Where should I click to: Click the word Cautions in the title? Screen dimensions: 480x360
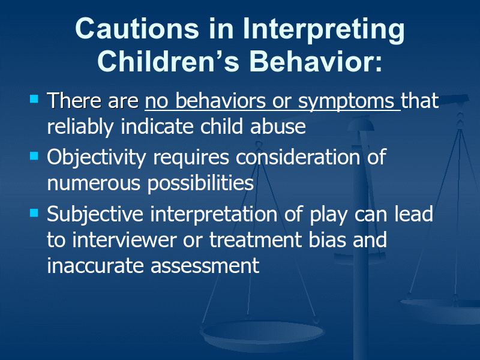point(137,28)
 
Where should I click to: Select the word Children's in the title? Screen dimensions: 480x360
point(168,61)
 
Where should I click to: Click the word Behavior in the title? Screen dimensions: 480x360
point(316,61)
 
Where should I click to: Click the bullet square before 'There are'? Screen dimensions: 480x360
point(34,99)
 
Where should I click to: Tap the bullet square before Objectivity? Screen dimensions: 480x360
point(34,156)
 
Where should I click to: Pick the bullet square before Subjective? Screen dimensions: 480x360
point(34,212)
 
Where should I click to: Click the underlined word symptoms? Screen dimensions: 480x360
point(346,103)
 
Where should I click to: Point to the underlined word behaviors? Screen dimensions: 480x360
point(220,100)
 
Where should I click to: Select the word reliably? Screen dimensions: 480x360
point(81,128)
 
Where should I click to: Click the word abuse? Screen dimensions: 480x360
point(278,127)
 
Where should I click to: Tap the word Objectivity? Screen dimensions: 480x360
point(97,158)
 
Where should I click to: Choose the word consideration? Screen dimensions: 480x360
point(298,157)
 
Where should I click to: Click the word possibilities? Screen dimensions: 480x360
point(200,184)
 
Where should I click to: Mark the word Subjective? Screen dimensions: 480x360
point(95,215)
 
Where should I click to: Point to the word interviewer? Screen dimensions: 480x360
point(124,239)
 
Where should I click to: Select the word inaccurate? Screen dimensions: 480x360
point(95,265)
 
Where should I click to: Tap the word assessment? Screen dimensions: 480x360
point(205,266)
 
